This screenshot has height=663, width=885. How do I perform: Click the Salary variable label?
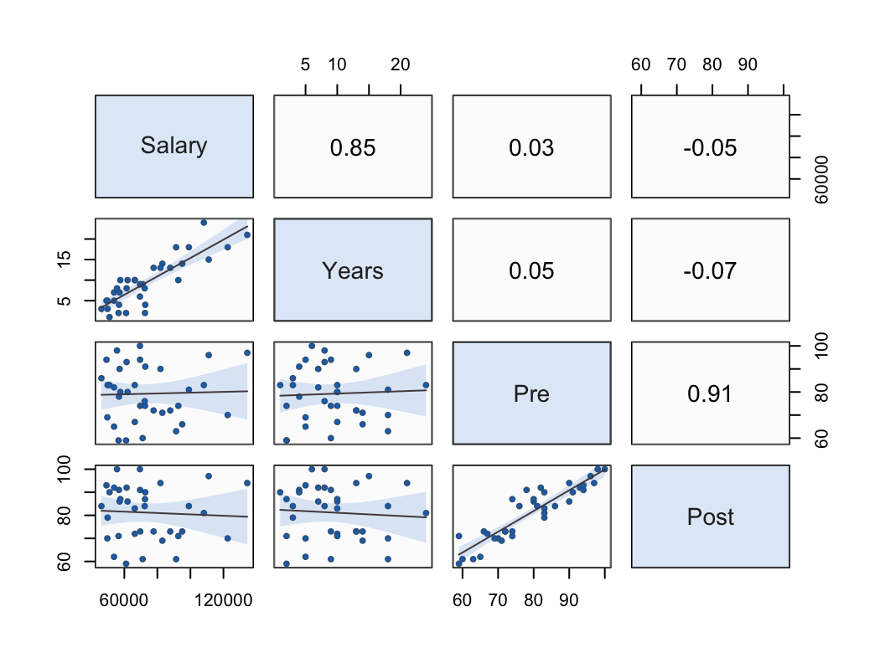[173, 146]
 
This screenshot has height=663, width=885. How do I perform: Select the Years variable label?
[353, 270]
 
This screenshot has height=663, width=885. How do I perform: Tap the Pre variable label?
[531, 393]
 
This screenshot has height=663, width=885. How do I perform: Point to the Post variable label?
[710, 517]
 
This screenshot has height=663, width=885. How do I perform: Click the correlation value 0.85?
[353, 148]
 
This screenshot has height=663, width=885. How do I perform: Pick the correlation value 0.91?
[710, 394]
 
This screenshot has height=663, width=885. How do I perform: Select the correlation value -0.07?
[710, 271]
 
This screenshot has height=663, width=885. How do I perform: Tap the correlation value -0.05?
[710, 148]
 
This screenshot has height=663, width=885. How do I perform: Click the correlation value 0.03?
[531, 148]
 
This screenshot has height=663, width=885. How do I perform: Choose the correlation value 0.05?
[531, 271]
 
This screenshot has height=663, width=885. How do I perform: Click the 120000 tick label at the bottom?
[222, 599]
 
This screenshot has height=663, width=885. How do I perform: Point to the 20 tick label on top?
[401, 65]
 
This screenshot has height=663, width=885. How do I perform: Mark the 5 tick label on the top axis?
[306, 65]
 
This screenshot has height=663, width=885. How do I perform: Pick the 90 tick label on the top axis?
[748, 65]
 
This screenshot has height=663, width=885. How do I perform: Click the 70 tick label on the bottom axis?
[498, 599]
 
